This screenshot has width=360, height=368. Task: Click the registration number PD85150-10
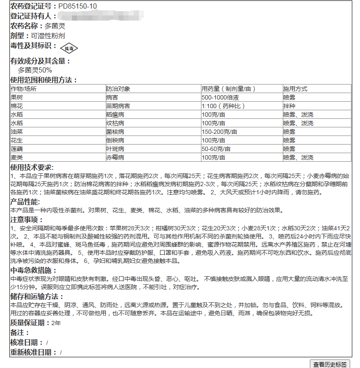pos(78,6)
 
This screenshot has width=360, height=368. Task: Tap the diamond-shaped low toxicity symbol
pos(69,48)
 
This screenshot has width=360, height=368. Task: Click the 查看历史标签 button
pos(330,364)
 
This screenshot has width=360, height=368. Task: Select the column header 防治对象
pos(118,89)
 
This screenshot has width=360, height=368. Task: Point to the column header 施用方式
pos(295,89)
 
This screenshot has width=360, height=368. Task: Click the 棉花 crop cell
pos(17,106)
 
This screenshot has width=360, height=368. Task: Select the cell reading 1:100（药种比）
pos(223,106)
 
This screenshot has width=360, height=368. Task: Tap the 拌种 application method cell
pos(289,106)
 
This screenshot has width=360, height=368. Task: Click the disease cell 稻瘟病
pos(115,115)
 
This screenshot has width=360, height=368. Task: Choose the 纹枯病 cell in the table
pos(115,123)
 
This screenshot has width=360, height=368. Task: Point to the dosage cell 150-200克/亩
pos(219,132)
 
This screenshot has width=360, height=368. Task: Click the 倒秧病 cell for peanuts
pos(115,140)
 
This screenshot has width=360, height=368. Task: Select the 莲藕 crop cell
pos(17,149)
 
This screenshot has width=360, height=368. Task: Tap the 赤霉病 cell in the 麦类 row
pos(115,157)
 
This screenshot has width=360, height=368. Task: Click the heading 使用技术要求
pos(32,167)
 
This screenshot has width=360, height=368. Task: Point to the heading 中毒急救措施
pos(33,271)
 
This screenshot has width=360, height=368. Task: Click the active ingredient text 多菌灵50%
pos(35,70)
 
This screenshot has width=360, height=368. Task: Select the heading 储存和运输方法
pos(36,297)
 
